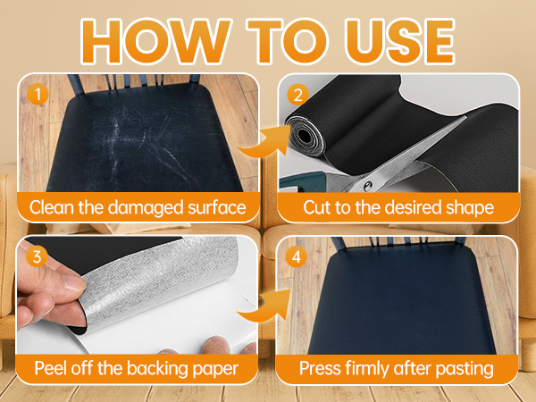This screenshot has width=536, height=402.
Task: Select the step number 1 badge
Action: tap(36, 92)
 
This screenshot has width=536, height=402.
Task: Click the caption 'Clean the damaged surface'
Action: tap(138, 209)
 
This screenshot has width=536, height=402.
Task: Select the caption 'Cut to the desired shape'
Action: tap(398, 209)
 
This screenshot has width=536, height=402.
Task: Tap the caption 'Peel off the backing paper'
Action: tap(138, 368)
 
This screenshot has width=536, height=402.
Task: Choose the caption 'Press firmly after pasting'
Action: tap(398, 368)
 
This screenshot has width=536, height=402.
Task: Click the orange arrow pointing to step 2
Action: tap(264, 144)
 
